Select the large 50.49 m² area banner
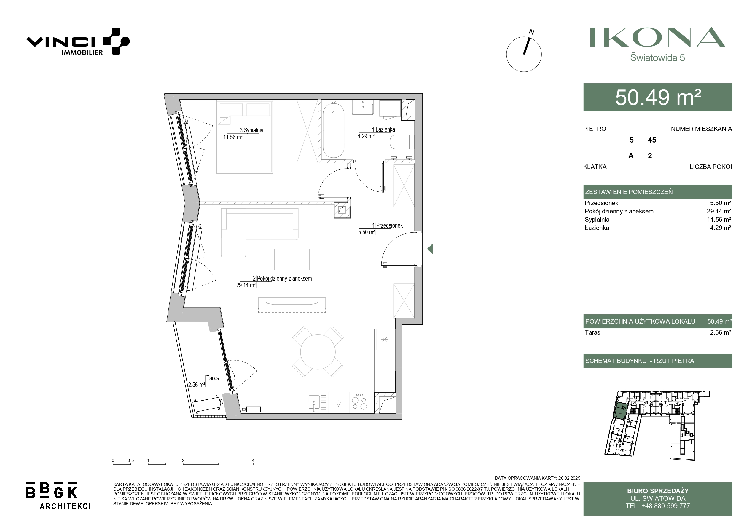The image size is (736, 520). (658, 97)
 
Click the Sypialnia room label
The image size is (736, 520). (254, 130)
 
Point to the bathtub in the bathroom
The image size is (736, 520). (333, 129)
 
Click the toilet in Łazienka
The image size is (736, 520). (402, 142)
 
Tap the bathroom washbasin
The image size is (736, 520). (363, 107)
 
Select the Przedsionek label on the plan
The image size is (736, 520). (389, 225)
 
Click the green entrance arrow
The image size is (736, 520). (430, 249)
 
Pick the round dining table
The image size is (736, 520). (318, 352)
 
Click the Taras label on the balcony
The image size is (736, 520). (213, 378)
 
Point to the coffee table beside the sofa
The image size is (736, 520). (292, 259)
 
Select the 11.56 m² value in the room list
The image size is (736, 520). (719, 220)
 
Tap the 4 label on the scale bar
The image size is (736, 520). (253, 460)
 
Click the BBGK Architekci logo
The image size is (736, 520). (58, 495)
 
